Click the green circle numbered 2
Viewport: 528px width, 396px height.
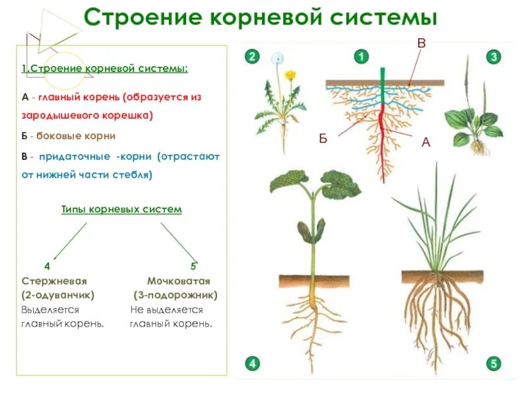pos(251,57)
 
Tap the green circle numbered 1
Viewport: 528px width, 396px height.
pos(360,57)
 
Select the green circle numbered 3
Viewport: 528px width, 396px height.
pos(494,57)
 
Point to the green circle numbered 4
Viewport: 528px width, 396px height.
pos(251,362)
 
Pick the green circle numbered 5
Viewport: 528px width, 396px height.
pos(493,362)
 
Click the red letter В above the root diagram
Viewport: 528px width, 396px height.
pos(421,43)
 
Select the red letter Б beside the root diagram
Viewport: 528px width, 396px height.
pos(323,138)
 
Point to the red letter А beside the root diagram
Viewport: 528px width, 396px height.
pos(426,142)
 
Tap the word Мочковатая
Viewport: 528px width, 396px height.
pos(174,280)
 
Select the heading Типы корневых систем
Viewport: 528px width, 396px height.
pos(121,209)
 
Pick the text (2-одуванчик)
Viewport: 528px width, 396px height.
pos(57,295)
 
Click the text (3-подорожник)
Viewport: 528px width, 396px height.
pos(175,295)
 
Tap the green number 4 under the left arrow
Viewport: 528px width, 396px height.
pos(47,267)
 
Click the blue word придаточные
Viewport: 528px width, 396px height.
pos(76,157)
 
